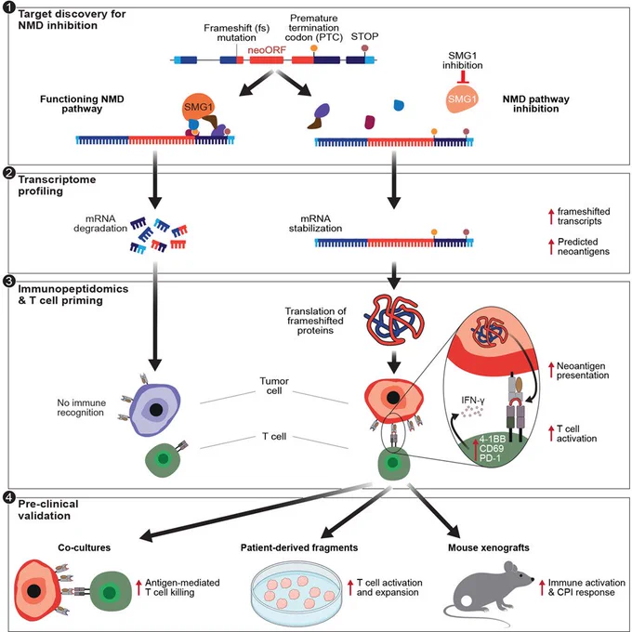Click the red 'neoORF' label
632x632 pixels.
point(267,50)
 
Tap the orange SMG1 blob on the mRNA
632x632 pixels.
point(198,108)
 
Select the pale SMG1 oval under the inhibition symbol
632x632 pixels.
point(462,99)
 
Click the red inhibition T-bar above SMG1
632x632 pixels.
point(463,77)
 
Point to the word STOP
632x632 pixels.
point(364,36)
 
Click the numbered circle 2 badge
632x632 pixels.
point(8,173)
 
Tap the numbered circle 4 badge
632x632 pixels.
point(8,498)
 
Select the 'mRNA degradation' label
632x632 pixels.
point(100,223)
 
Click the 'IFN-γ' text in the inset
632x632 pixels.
point(473,401)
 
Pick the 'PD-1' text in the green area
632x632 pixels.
point(490,457)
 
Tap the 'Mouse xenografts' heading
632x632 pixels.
point(489,547)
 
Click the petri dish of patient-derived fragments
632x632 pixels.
point(297,593)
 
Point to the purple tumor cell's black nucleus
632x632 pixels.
point(156,410)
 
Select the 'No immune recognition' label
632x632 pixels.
point(81,407)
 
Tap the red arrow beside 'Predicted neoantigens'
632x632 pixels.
point(551,246)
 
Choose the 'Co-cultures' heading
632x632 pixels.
point(84,547)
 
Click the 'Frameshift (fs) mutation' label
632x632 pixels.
point(237,33)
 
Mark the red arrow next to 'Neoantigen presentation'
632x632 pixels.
point(551,370)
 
